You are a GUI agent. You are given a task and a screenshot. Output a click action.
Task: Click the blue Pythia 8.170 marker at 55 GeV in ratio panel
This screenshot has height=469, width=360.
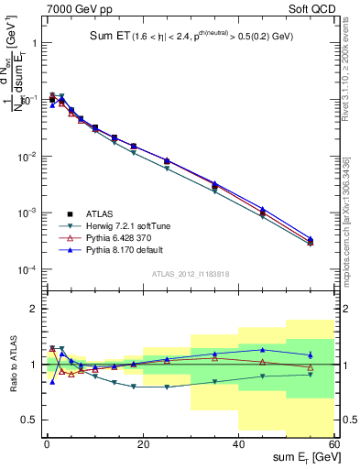311,354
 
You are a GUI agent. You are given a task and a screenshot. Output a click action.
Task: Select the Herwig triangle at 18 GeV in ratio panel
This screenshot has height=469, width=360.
134,387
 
